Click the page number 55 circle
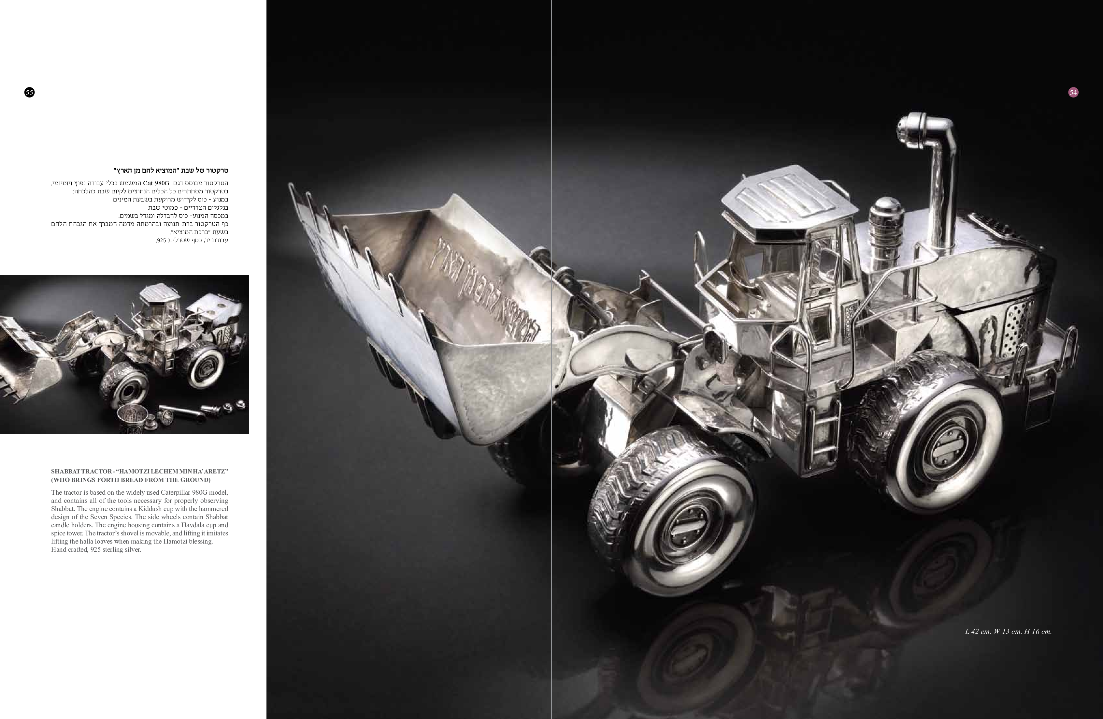[29, 92]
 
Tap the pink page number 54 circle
[1073, 92]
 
